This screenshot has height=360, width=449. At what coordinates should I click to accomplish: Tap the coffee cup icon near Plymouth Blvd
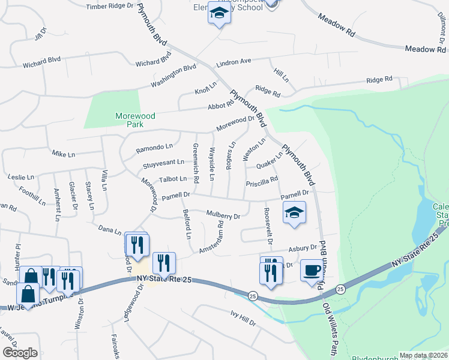pos(310,271)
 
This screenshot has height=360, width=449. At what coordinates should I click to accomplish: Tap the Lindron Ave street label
pos(234,61)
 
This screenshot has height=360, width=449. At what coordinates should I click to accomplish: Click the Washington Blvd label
pos(173,76)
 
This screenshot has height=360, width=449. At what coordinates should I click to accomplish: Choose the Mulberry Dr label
pos(223,214)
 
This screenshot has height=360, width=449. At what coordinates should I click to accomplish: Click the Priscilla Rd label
pos(262,180)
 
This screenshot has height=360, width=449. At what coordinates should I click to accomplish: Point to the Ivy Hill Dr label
pos(243,318)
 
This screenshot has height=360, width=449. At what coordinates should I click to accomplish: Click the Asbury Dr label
pos(302,248)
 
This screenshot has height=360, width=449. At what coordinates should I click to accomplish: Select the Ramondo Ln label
pos(154,146)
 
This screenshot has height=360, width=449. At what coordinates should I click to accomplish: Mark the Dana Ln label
pos(110,230)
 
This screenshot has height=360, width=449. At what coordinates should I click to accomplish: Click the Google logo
pos(20,352)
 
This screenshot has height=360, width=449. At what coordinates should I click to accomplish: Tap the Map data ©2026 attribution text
pos(423,355)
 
